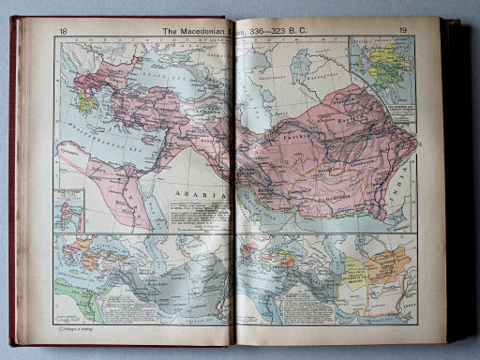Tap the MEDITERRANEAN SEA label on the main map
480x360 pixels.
[98, 137]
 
